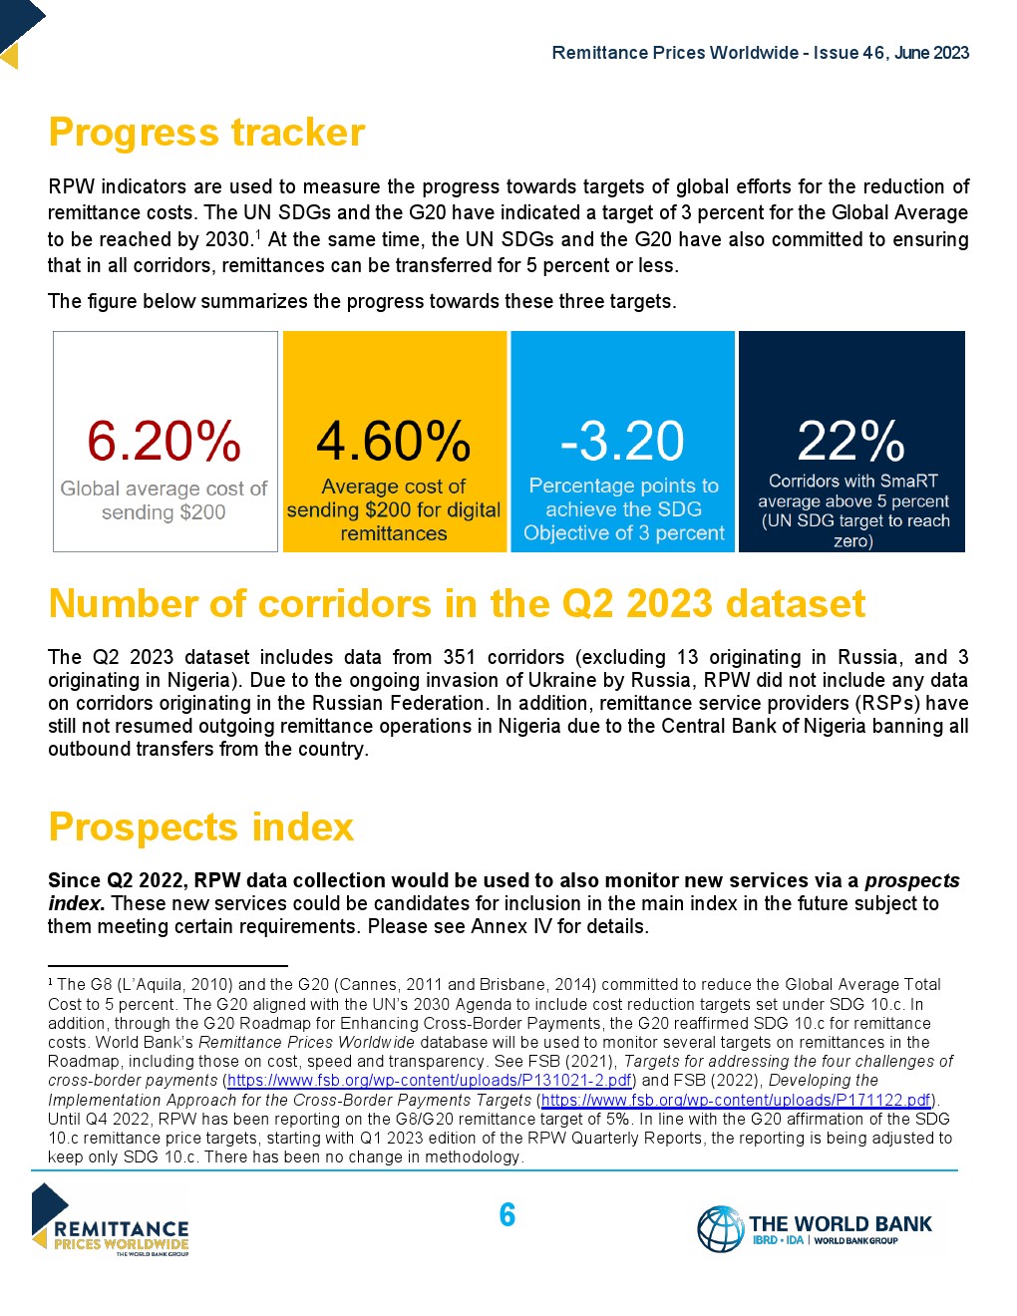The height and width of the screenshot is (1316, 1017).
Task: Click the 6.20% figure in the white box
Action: [x=165, y=442]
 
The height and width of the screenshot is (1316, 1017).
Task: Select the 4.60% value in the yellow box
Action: [x=394, y=442]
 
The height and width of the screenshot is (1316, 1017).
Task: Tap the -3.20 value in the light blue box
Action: [x=623, y=442]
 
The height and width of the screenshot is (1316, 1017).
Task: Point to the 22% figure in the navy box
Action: [x=851, y=441]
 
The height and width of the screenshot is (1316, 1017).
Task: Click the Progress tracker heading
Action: [x=206, y=133]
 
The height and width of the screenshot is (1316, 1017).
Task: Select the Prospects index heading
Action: [x=200, y=827]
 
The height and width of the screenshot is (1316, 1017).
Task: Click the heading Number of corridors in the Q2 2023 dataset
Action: [x=457, y=604]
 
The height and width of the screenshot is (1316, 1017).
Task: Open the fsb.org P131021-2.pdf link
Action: [x=430, y=1081]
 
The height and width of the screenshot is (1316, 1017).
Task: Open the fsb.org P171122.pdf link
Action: [x=736, y=1100]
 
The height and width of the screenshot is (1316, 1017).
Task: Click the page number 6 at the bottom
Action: [x=508, y=1214]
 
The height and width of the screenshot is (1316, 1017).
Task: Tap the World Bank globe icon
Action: [x=720, y=1228]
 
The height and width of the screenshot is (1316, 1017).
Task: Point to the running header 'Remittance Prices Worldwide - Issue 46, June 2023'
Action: [x=760, y=53]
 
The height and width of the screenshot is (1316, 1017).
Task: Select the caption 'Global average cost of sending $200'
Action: [x=165, y=500]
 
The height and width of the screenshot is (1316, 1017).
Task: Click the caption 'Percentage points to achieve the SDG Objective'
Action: [x=623, y=509]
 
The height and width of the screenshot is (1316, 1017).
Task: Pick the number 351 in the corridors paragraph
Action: [x=460, y=657]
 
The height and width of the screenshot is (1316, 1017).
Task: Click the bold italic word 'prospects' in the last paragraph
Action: [x=911, y=880]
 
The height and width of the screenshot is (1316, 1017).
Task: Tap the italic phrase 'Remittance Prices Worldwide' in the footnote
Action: [x=306, y=1042]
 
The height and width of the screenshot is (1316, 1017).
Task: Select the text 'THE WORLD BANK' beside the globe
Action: [x=840, y=1223]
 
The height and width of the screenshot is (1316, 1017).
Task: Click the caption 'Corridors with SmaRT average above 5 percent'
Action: [x=852, y=491]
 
